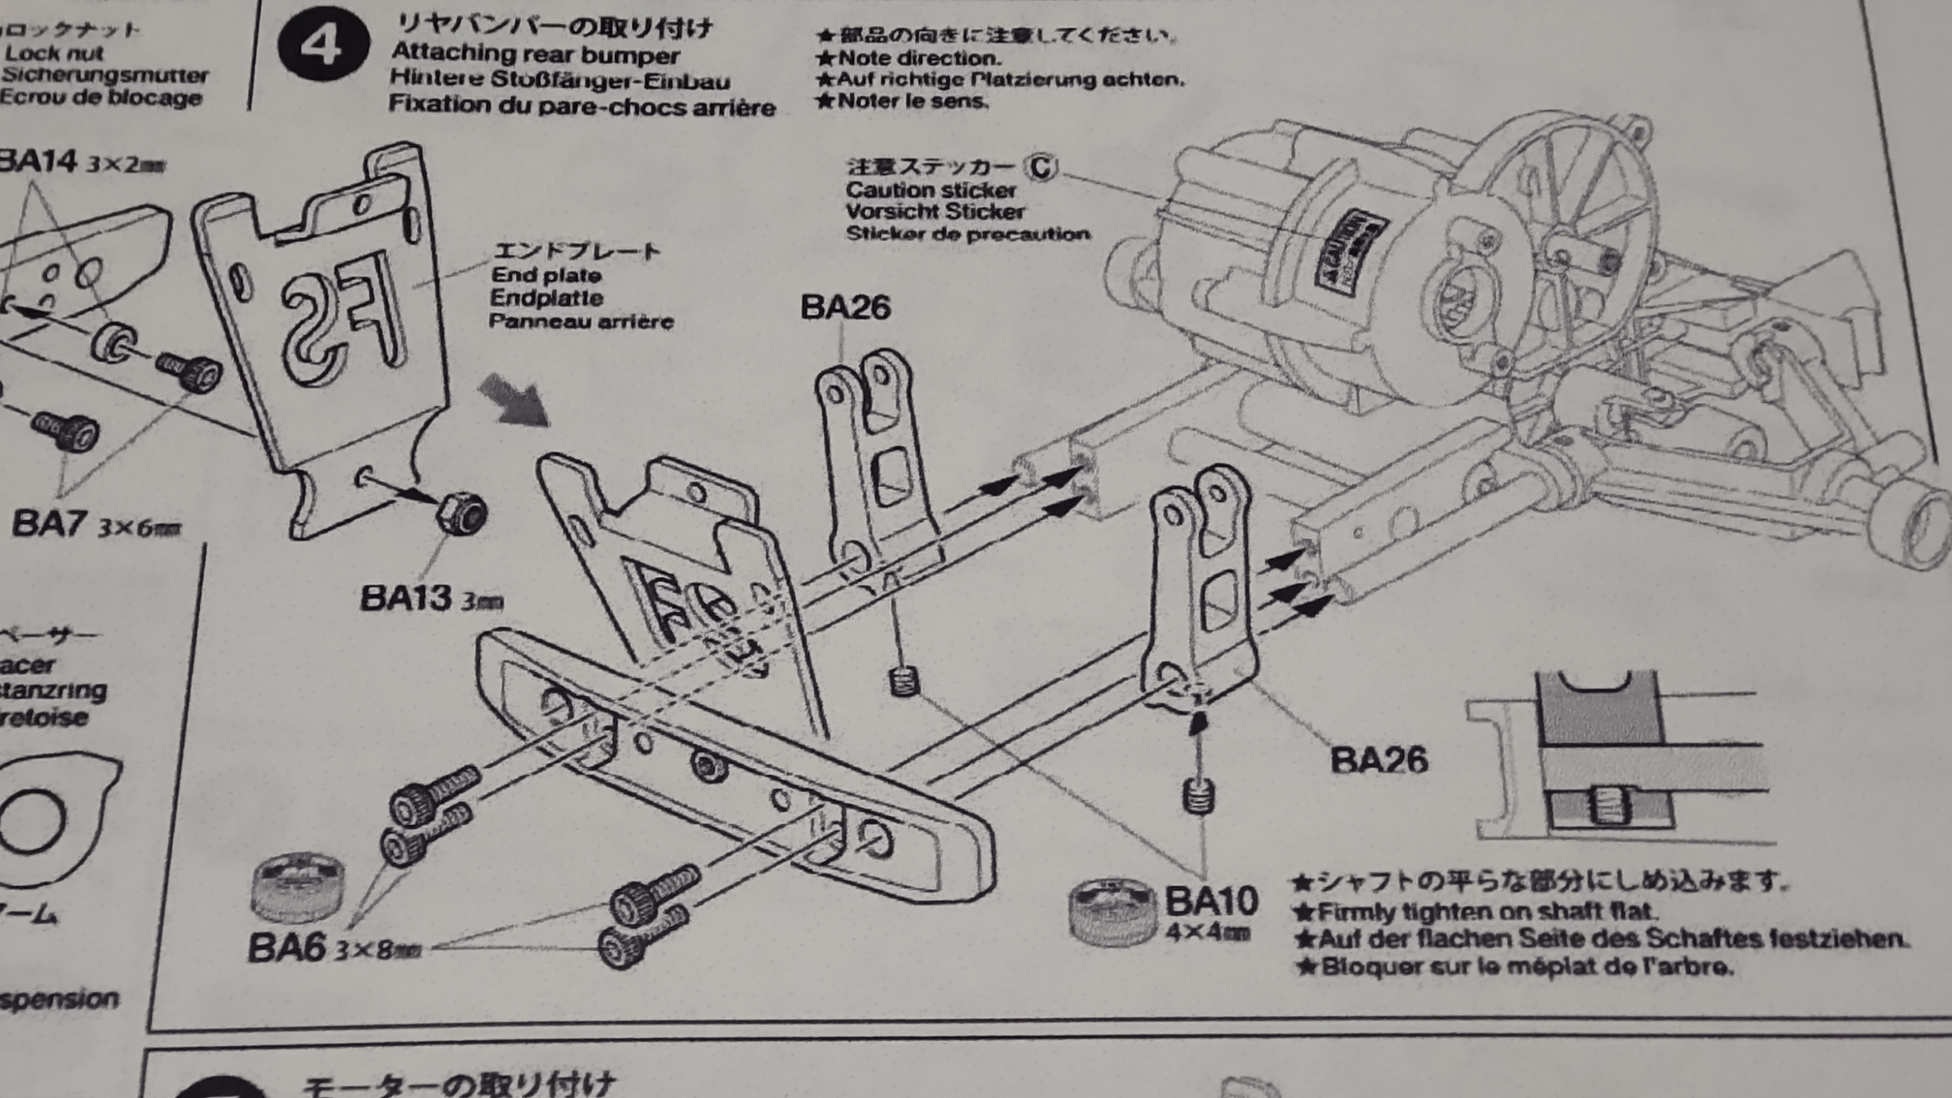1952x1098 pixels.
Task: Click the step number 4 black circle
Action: coord(323,45)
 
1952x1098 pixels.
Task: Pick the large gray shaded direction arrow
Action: coord(514,400)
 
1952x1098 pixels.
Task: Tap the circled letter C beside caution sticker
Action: coord(1041,166)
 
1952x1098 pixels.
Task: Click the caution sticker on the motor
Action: coord(1351,250)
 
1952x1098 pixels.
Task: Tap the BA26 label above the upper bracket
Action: coord(845,307)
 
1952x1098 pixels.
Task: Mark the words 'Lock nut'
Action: coord(53,54)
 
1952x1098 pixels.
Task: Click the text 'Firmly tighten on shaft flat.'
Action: coord(1485,910)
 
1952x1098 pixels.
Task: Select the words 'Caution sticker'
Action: coord(930,190)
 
